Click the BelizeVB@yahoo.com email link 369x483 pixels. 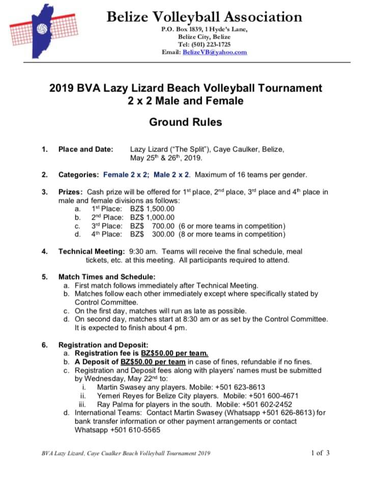[215, 52]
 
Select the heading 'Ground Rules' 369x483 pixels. [185, 122]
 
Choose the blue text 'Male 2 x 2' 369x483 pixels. [172, 175]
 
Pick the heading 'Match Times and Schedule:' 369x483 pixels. [107, 277]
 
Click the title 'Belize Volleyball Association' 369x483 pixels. [204, 17]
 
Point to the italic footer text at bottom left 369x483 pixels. [126, 453]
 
